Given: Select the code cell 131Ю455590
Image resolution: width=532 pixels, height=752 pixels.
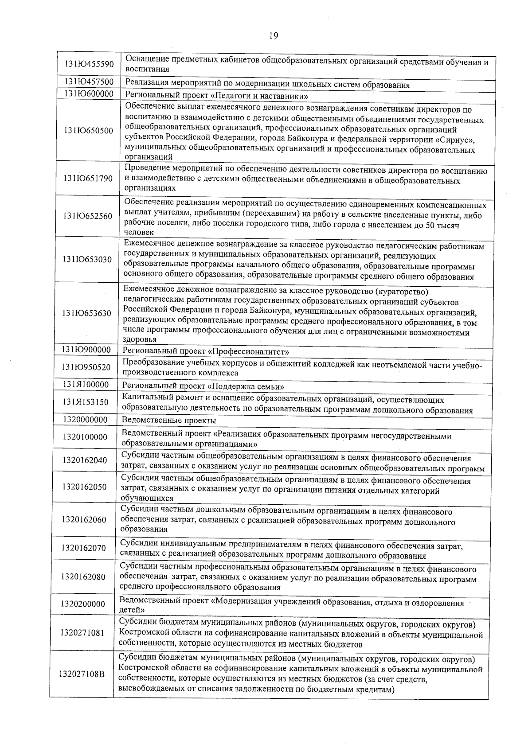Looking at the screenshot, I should [89, 65].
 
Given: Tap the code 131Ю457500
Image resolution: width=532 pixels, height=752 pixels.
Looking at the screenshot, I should [89, 82].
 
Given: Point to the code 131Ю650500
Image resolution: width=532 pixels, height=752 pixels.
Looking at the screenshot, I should [89, 131].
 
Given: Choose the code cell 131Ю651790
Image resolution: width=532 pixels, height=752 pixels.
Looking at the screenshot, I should [89, 179].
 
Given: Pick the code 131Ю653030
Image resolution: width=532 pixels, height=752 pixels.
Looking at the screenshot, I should [88, 259].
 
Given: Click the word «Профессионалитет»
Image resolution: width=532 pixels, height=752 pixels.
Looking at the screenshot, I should [249, 352].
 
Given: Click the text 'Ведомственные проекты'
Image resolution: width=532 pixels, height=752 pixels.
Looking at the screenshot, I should [169, 420].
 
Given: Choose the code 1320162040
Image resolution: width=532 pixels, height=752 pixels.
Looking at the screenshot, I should [85, 460].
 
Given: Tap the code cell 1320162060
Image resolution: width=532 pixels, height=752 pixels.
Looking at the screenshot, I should [84, 519].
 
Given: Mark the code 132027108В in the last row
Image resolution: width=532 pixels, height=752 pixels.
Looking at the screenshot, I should [82, 674].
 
